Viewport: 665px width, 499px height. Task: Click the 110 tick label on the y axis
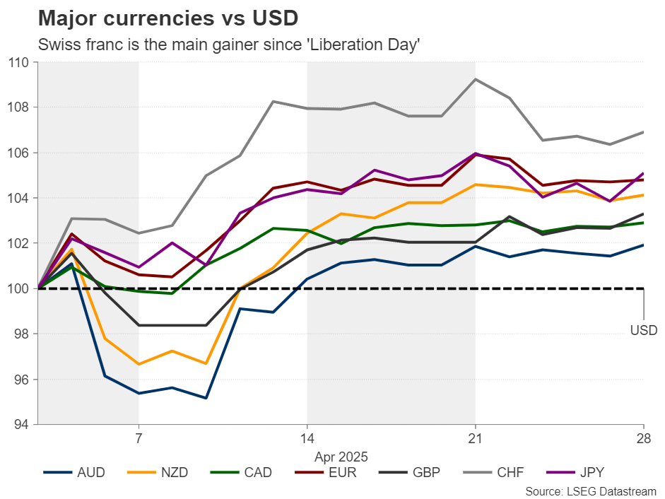[19, 62]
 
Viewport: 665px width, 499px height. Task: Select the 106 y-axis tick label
[19, 153]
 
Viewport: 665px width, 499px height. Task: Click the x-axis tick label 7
[139, 438]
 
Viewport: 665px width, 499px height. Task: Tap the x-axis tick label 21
[475, 438]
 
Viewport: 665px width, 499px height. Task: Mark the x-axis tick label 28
[642, 438]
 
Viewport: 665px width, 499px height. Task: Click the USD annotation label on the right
[642, 329]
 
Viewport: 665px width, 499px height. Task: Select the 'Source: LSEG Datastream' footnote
[592, 491]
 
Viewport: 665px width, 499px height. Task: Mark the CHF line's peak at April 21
[475, 79]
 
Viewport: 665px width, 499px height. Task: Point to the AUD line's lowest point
[206, 398]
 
